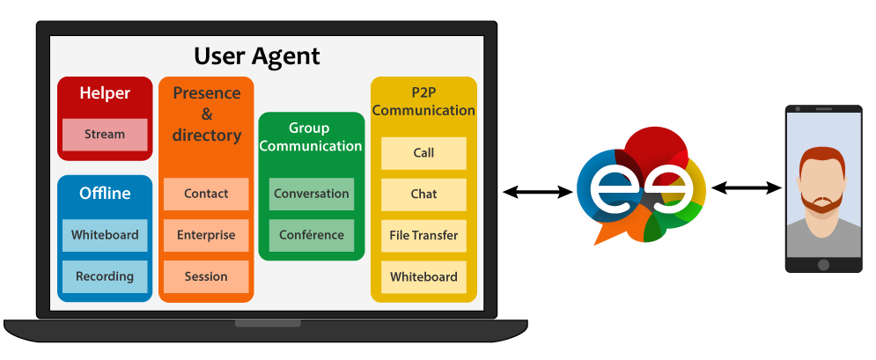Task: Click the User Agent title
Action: click(256, 57)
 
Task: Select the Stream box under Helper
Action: click(105, 135)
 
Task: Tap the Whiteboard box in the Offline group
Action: click(105, 235)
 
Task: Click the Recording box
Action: click(105, 276)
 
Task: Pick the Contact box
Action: click(206, 194)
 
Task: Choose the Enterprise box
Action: click(206, 235)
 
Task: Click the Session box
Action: click(206, 276)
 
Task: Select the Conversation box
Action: click(312, 194)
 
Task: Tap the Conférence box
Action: click(312, 235)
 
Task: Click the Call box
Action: click(423, 153)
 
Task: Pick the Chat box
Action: click(423, 194)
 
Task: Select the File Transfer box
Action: click(423, 235)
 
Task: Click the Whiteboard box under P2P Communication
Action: click(423, 276)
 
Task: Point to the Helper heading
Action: click(105, 93)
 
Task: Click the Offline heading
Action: click(105, 194)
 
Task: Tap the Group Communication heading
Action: click(311, 137)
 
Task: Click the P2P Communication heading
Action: click(423, 101)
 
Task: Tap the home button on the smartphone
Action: click(823, 265)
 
